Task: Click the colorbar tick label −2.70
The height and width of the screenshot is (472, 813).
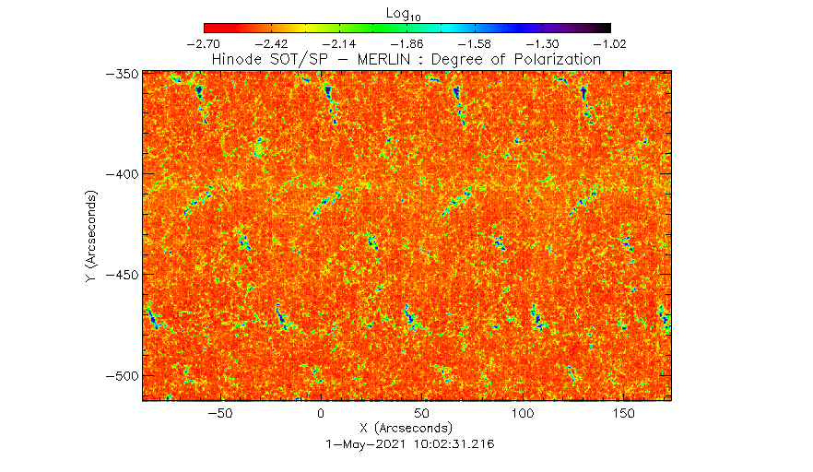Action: click(x=204, y=43)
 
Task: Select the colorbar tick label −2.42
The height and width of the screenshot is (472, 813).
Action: click(x=272, y=43)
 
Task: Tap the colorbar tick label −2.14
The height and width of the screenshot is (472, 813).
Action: click(x=339, y=43)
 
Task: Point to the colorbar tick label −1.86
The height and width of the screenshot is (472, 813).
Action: click(x=407, y=43)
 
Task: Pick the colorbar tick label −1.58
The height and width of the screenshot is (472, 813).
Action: click(x=475, y=43)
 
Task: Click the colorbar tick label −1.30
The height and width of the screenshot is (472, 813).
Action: click(x=543, y=43)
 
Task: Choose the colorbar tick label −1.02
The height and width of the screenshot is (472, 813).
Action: click(x=610, y=43)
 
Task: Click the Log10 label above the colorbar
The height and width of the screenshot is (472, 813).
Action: click(x=407, y=12)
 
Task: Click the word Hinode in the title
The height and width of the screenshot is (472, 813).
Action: click(x=238, y=59)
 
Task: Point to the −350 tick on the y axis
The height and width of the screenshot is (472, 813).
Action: click(x=122, y=73)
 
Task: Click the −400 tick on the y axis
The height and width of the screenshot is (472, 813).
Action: click(x=122, y=174)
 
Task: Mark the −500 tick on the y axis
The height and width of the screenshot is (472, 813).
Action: click(x=122, y=376)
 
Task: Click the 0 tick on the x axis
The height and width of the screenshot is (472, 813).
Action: click(x=320, y=414)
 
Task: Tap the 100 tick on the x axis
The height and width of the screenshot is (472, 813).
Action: click(x=523, y=414)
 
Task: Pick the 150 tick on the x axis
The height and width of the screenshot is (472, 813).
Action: click(x=623, y=414)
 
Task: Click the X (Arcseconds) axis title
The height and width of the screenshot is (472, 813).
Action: click(x=406, y=428)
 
